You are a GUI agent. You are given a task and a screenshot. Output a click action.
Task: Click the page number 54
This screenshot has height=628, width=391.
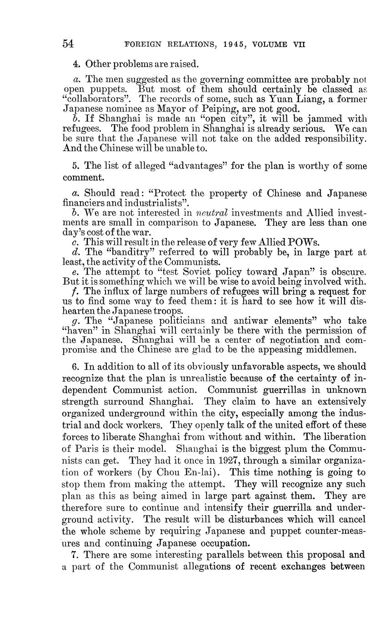68,44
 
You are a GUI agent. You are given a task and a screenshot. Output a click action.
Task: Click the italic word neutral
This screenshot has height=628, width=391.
212,213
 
